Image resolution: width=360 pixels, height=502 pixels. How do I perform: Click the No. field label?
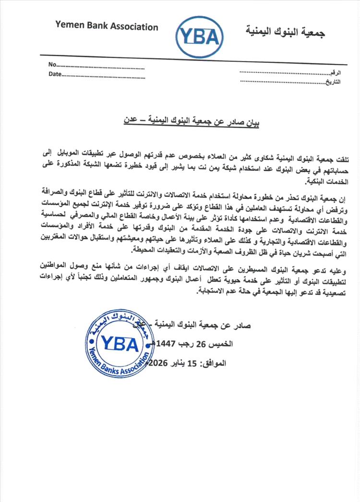click(x=52, y=65)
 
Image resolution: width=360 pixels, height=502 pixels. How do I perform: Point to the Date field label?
click(x=55, y=74)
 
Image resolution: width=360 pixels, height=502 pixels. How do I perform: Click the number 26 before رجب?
click(x=216, y=344)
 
